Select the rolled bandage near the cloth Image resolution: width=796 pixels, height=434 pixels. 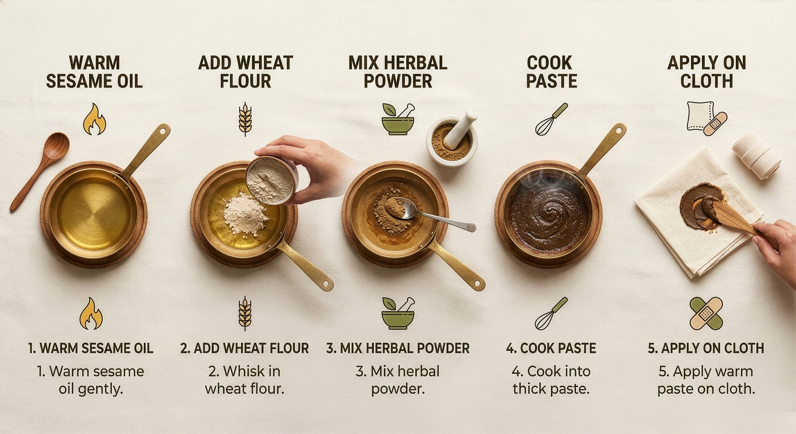point(756,154)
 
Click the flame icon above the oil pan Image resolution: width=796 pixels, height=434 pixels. point(94,119)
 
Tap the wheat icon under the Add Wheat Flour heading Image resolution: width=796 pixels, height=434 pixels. point(245,119)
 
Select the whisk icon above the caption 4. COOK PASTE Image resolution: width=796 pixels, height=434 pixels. point(551,313)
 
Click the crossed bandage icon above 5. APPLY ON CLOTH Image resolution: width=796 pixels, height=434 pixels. point(706,313)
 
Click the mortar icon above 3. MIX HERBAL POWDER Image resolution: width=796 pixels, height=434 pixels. point(398,313)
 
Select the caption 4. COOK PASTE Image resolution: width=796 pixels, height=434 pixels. point(551,348)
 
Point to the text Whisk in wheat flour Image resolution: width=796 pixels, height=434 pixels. point(245,380)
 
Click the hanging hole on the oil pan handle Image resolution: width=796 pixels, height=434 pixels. point(163,131)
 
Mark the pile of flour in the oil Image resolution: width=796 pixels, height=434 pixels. point(245,214)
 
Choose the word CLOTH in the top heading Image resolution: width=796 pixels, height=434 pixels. point(706,81)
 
